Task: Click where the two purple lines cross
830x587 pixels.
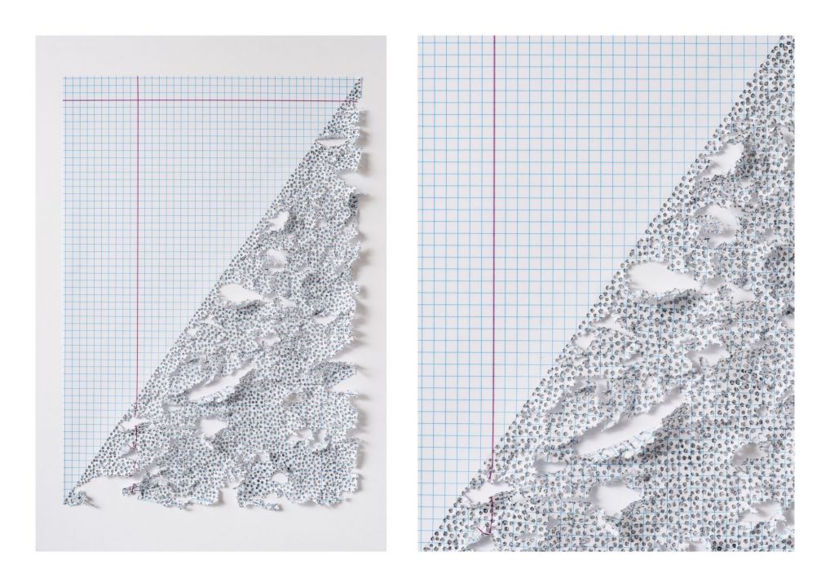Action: point(137,100)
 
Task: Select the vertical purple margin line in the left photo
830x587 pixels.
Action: point(137,245)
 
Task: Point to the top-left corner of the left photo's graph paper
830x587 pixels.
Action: point(64,77)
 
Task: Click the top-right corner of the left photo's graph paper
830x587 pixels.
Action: point(362,77)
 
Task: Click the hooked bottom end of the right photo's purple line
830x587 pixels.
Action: point(488,530)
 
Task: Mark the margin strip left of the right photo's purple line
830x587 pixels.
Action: point(457,245)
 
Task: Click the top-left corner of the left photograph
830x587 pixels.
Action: point(36,36)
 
